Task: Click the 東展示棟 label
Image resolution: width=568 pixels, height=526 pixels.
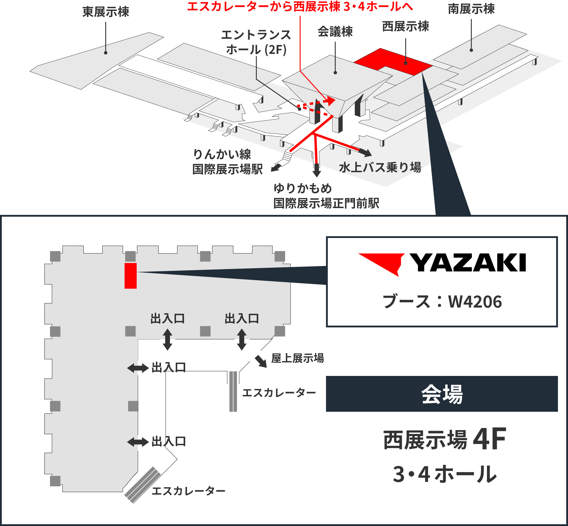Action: (x=106, y=12)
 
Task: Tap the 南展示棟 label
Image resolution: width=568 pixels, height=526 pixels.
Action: (x=471, y=9)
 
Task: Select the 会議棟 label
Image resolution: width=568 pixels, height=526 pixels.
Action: (x=335, y=32)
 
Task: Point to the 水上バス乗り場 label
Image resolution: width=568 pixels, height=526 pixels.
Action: (x=380, y=168)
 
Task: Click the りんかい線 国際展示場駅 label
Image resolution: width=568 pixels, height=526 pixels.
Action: (x=227, y=162)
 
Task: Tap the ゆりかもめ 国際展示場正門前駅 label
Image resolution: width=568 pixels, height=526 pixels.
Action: (x=326, y=196)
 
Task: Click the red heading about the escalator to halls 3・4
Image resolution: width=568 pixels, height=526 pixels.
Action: (x=300, y=7)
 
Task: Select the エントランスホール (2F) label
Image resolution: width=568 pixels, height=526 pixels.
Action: (x=256, y=42)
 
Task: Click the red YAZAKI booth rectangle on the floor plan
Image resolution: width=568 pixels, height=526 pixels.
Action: (x=130, y=276)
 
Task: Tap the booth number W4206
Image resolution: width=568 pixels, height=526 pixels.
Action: (x=475, y=302)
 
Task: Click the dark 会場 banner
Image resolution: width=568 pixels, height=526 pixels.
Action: (x=442, y=394)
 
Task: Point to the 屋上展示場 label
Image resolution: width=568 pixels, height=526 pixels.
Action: (x=298, y=358)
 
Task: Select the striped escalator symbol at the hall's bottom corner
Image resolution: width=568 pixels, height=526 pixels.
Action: (x=143, y=485)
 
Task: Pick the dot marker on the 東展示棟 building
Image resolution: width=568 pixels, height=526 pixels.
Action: (x=106, y=53)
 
